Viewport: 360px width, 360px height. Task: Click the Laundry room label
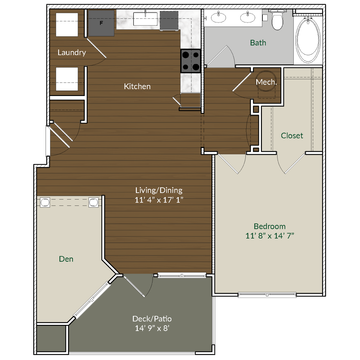click(x=72, y=52)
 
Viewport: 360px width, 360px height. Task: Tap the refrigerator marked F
click(x=101, y=23)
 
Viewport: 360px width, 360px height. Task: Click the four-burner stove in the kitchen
click(x=190, y=61)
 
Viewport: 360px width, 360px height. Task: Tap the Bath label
click(x=258, y=43)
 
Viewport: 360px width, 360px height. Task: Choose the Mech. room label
click(x=266, y=82)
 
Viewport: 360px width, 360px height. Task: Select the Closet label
click(x=292, y=136)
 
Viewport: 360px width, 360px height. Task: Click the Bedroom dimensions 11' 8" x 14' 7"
click(x=269, y=236)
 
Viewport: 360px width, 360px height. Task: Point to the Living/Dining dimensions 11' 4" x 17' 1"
click(x=159, y=200)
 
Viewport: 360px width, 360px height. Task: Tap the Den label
click(x=66, y=259)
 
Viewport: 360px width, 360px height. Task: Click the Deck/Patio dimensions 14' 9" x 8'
click(x=152, y=328)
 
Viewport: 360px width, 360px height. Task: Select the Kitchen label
click(x=137, y=86)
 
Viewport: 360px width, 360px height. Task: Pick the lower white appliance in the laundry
click(x=67, y=79)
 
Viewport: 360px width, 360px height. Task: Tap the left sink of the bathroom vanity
click(x=218, y=17)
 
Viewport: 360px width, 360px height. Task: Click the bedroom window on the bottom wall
click(x=267, y=295)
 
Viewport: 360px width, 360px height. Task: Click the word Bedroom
click(x=269, y=226)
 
